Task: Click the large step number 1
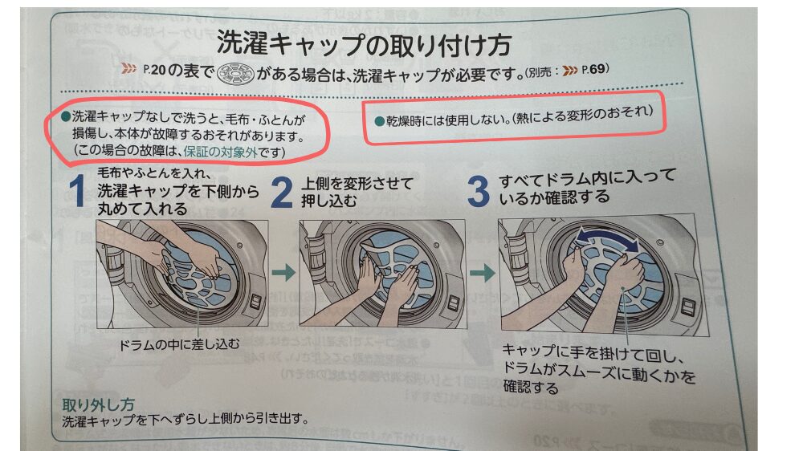[77, 190]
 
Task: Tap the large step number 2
[281, 192]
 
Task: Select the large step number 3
[479, 192]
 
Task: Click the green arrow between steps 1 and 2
[283, 272]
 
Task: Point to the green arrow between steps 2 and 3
[483, 273]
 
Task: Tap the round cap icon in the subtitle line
[235, 74]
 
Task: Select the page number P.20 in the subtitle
[155, 70]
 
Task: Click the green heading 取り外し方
[98, 405]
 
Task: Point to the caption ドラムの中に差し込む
[179, 344]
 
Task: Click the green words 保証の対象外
[220, 152]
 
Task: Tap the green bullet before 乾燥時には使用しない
[380, 121]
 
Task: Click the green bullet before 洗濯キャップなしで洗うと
[66, 116]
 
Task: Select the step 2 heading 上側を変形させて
[357, 183]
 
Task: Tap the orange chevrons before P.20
[129, 68]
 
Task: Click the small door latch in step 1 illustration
[255, 300]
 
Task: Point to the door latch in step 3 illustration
[689, 308]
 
